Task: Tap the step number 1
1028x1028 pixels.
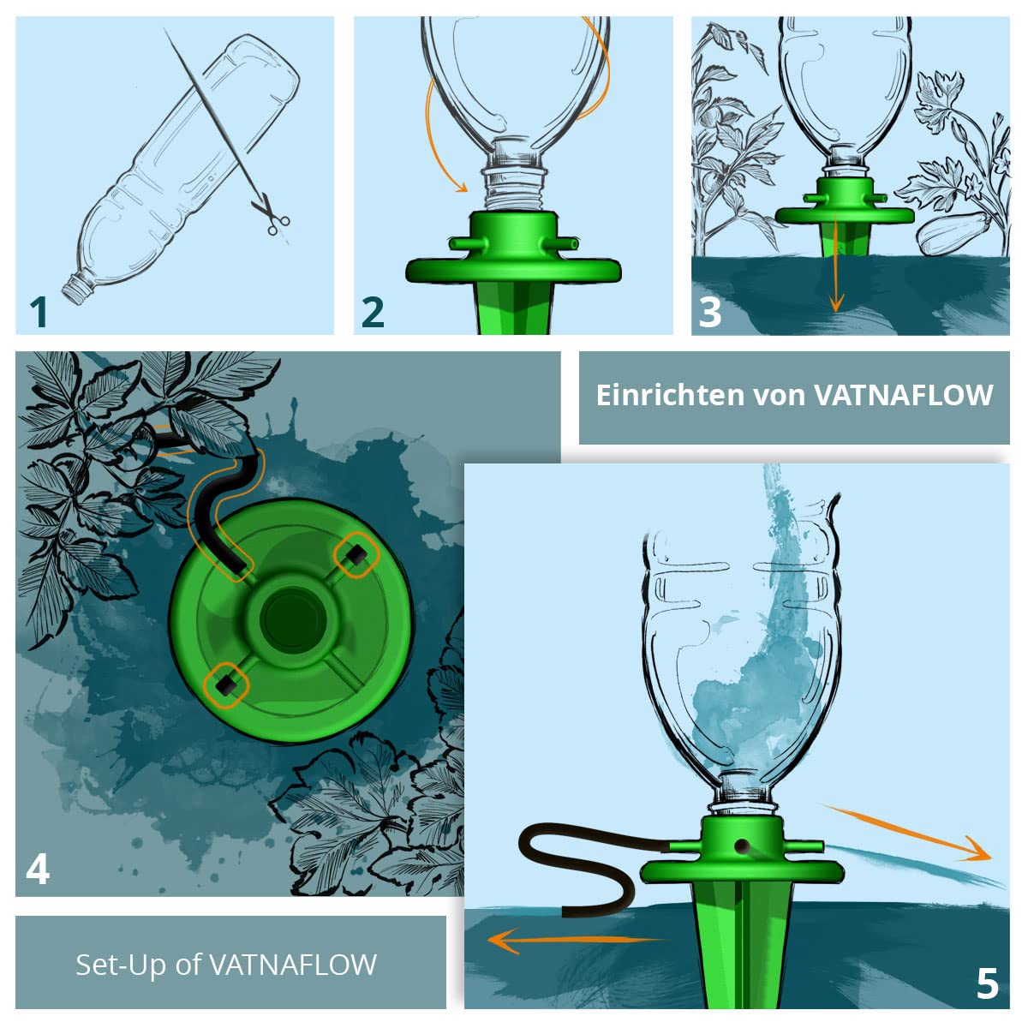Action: pyautogui.click(x=39, y=312)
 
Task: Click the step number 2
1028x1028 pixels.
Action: pyautogui.click(x=373, y=312)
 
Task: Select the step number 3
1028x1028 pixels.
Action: pyautogui.click(x=710, y=312)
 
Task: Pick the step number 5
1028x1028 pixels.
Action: pyautogui.click(x=987, y=983)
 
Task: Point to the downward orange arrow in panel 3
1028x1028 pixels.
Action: pyautogui.click(x=836, y=261)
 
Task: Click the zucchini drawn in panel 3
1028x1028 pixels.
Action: pyautogui.click(x=953, y=233)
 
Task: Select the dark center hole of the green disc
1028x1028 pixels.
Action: pyautogui.click(x=292, y=621)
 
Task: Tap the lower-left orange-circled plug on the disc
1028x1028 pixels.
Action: pyautogui.click(x=226, y=685)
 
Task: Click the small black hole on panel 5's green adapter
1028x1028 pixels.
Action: pyautogui.click(x=741, y=846)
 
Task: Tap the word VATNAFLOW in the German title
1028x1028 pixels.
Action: pyautogui.click(x=903, y=395)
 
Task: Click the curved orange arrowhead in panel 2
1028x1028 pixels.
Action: pyautogui.click(x=461, y=186)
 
